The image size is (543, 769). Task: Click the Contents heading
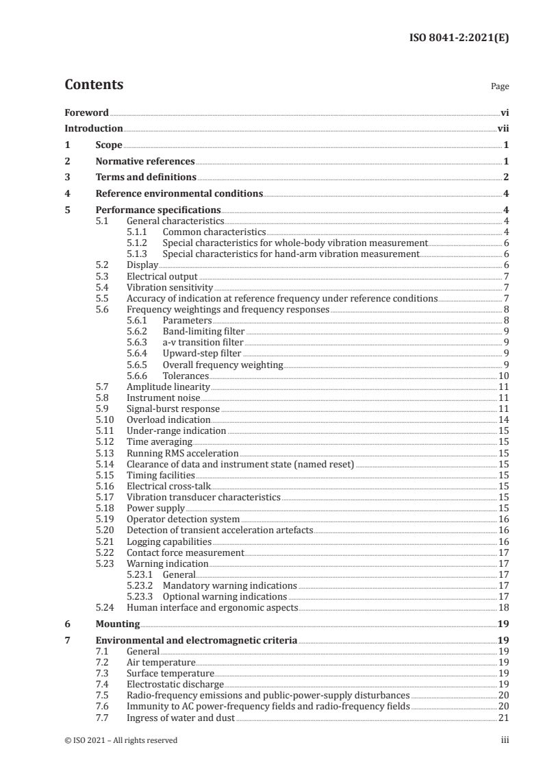point(94,85)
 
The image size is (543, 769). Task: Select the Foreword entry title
point(86,112)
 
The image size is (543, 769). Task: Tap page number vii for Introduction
point(503,128)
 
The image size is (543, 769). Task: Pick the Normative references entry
point(145,162)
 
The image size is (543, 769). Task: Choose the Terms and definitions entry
point(136,178)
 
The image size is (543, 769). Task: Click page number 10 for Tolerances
point(503,376)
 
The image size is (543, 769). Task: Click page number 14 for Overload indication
point(503,419)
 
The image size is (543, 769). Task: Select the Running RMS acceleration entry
point(183,453)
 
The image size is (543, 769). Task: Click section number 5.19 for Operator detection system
point(103,520)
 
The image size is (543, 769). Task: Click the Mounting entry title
point(117,624)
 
